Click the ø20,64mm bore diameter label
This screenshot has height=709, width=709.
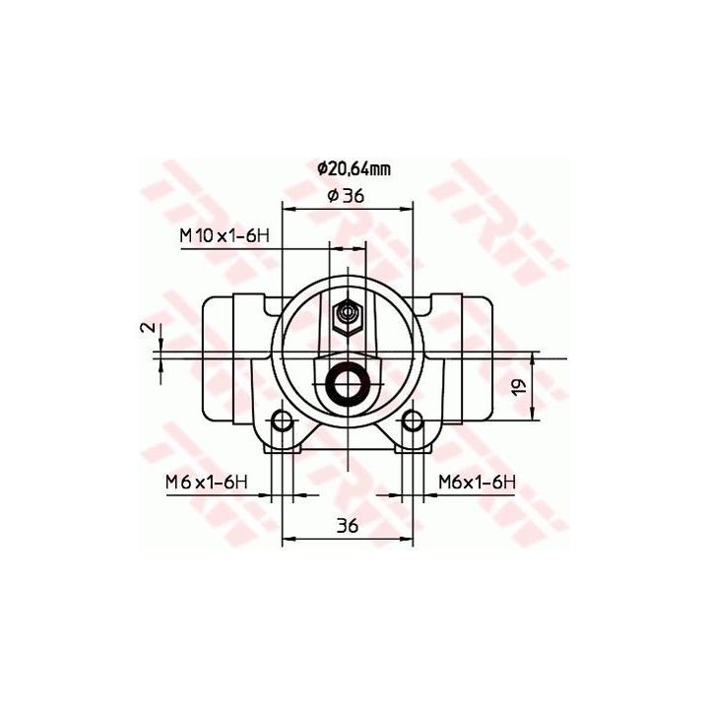click(x=354, y=169)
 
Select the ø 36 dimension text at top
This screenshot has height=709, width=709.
click(x=346, y=196)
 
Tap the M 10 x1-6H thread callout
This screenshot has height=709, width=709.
click(x=225, y=235)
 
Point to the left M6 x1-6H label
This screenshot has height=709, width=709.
click(x=207, y=482)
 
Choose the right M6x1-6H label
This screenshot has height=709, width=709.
click(x=477, y=482)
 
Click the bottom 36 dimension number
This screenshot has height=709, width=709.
click(x=348, y=525)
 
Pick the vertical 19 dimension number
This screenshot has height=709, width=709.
click(x=520, y=386)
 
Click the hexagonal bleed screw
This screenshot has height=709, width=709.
click(x=348, y=316)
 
